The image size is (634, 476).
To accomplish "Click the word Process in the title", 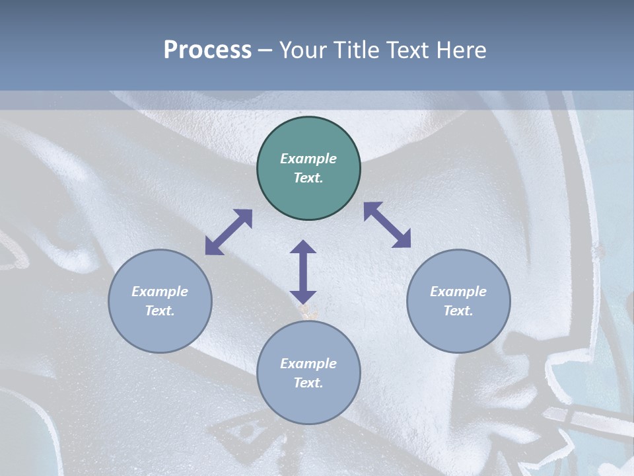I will pyautogui.click(x=207, y=50).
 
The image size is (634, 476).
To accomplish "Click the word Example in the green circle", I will pyautogui.click(x=308, y=159).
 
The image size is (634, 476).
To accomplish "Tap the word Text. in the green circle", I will pyautogui.click(x=308, y=178).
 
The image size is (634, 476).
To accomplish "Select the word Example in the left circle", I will pyautogui.click(x=160, y=292).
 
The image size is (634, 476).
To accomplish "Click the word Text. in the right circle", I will pyautogui.click(x=458, y=311).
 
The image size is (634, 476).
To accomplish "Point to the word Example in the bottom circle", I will pyautogui.click(x=308, y=364).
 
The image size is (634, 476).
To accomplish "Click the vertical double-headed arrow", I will pyautogui.click(x=303, y=272).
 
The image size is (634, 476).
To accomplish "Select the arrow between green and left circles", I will pyautogui.click(x=229, y=232).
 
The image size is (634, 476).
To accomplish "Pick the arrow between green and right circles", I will pyautogui.click(x=387, y=225).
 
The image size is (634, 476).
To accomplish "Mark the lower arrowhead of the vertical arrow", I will pyautogui.click(x=303, y=296).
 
